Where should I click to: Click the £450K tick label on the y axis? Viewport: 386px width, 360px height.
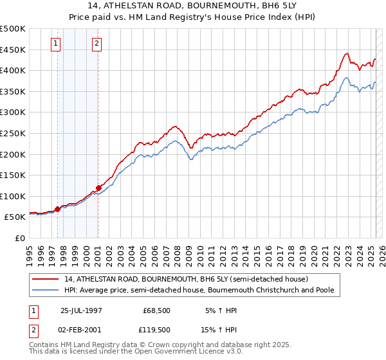[13, 50]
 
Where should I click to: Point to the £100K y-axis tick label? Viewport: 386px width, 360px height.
[13, 196]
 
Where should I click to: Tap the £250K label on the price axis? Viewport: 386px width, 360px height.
[13, 133]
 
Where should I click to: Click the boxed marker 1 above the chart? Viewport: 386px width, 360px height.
[56, 44]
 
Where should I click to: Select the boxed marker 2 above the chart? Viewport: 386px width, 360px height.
[96, 44]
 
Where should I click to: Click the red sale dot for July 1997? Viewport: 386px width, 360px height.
[58, 209]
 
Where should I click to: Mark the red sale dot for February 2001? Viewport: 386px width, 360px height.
[98, 188]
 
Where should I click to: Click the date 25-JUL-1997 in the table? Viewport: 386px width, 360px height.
[82, 310]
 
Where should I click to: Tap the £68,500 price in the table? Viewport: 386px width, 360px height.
[154, 310]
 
